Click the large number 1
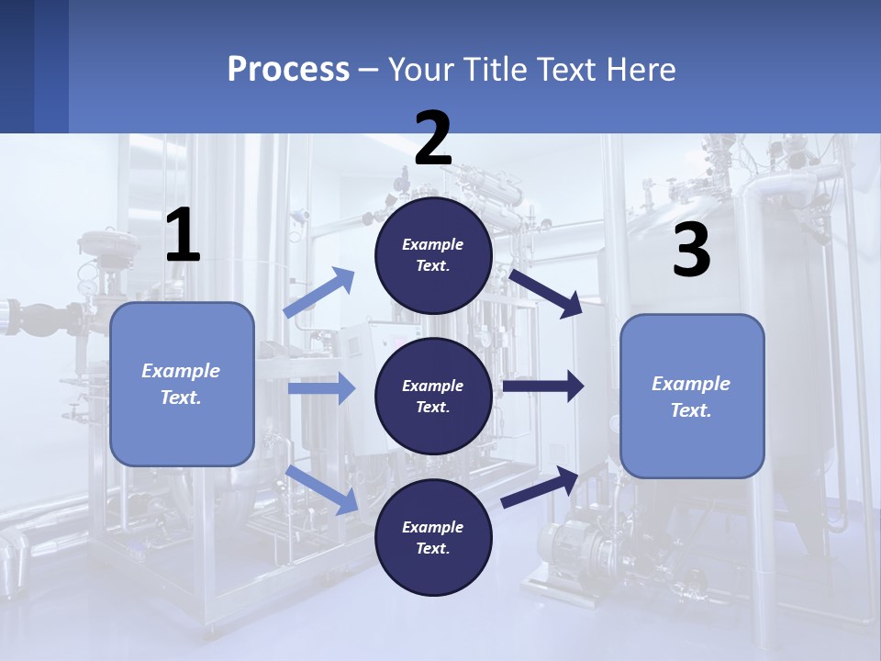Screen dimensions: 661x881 click(183, 236)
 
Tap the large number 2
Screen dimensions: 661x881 click(433, 139)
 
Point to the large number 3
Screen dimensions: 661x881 click(691, 251)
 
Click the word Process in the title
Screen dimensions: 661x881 click(288, 69)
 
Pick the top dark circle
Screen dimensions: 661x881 click(433, 255)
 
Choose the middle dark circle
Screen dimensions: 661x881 click(433, 396)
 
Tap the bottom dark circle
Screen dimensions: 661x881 click(433, 537)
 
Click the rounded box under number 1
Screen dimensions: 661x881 click(182, 384)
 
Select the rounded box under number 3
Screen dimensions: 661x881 click(692, 397)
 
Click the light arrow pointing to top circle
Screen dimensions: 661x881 click(319, 293)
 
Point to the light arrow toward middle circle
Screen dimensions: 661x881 click(321, 388)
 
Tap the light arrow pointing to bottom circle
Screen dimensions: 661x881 click(322, 489)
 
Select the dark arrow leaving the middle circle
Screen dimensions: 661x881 click(542, 387)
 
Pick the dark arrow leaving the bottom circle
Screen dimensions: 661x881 click(540, 487)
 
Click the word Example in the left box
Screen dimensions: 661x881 click(181, 371)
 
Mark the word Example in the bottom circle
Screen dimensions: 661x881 click(433, 527)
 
